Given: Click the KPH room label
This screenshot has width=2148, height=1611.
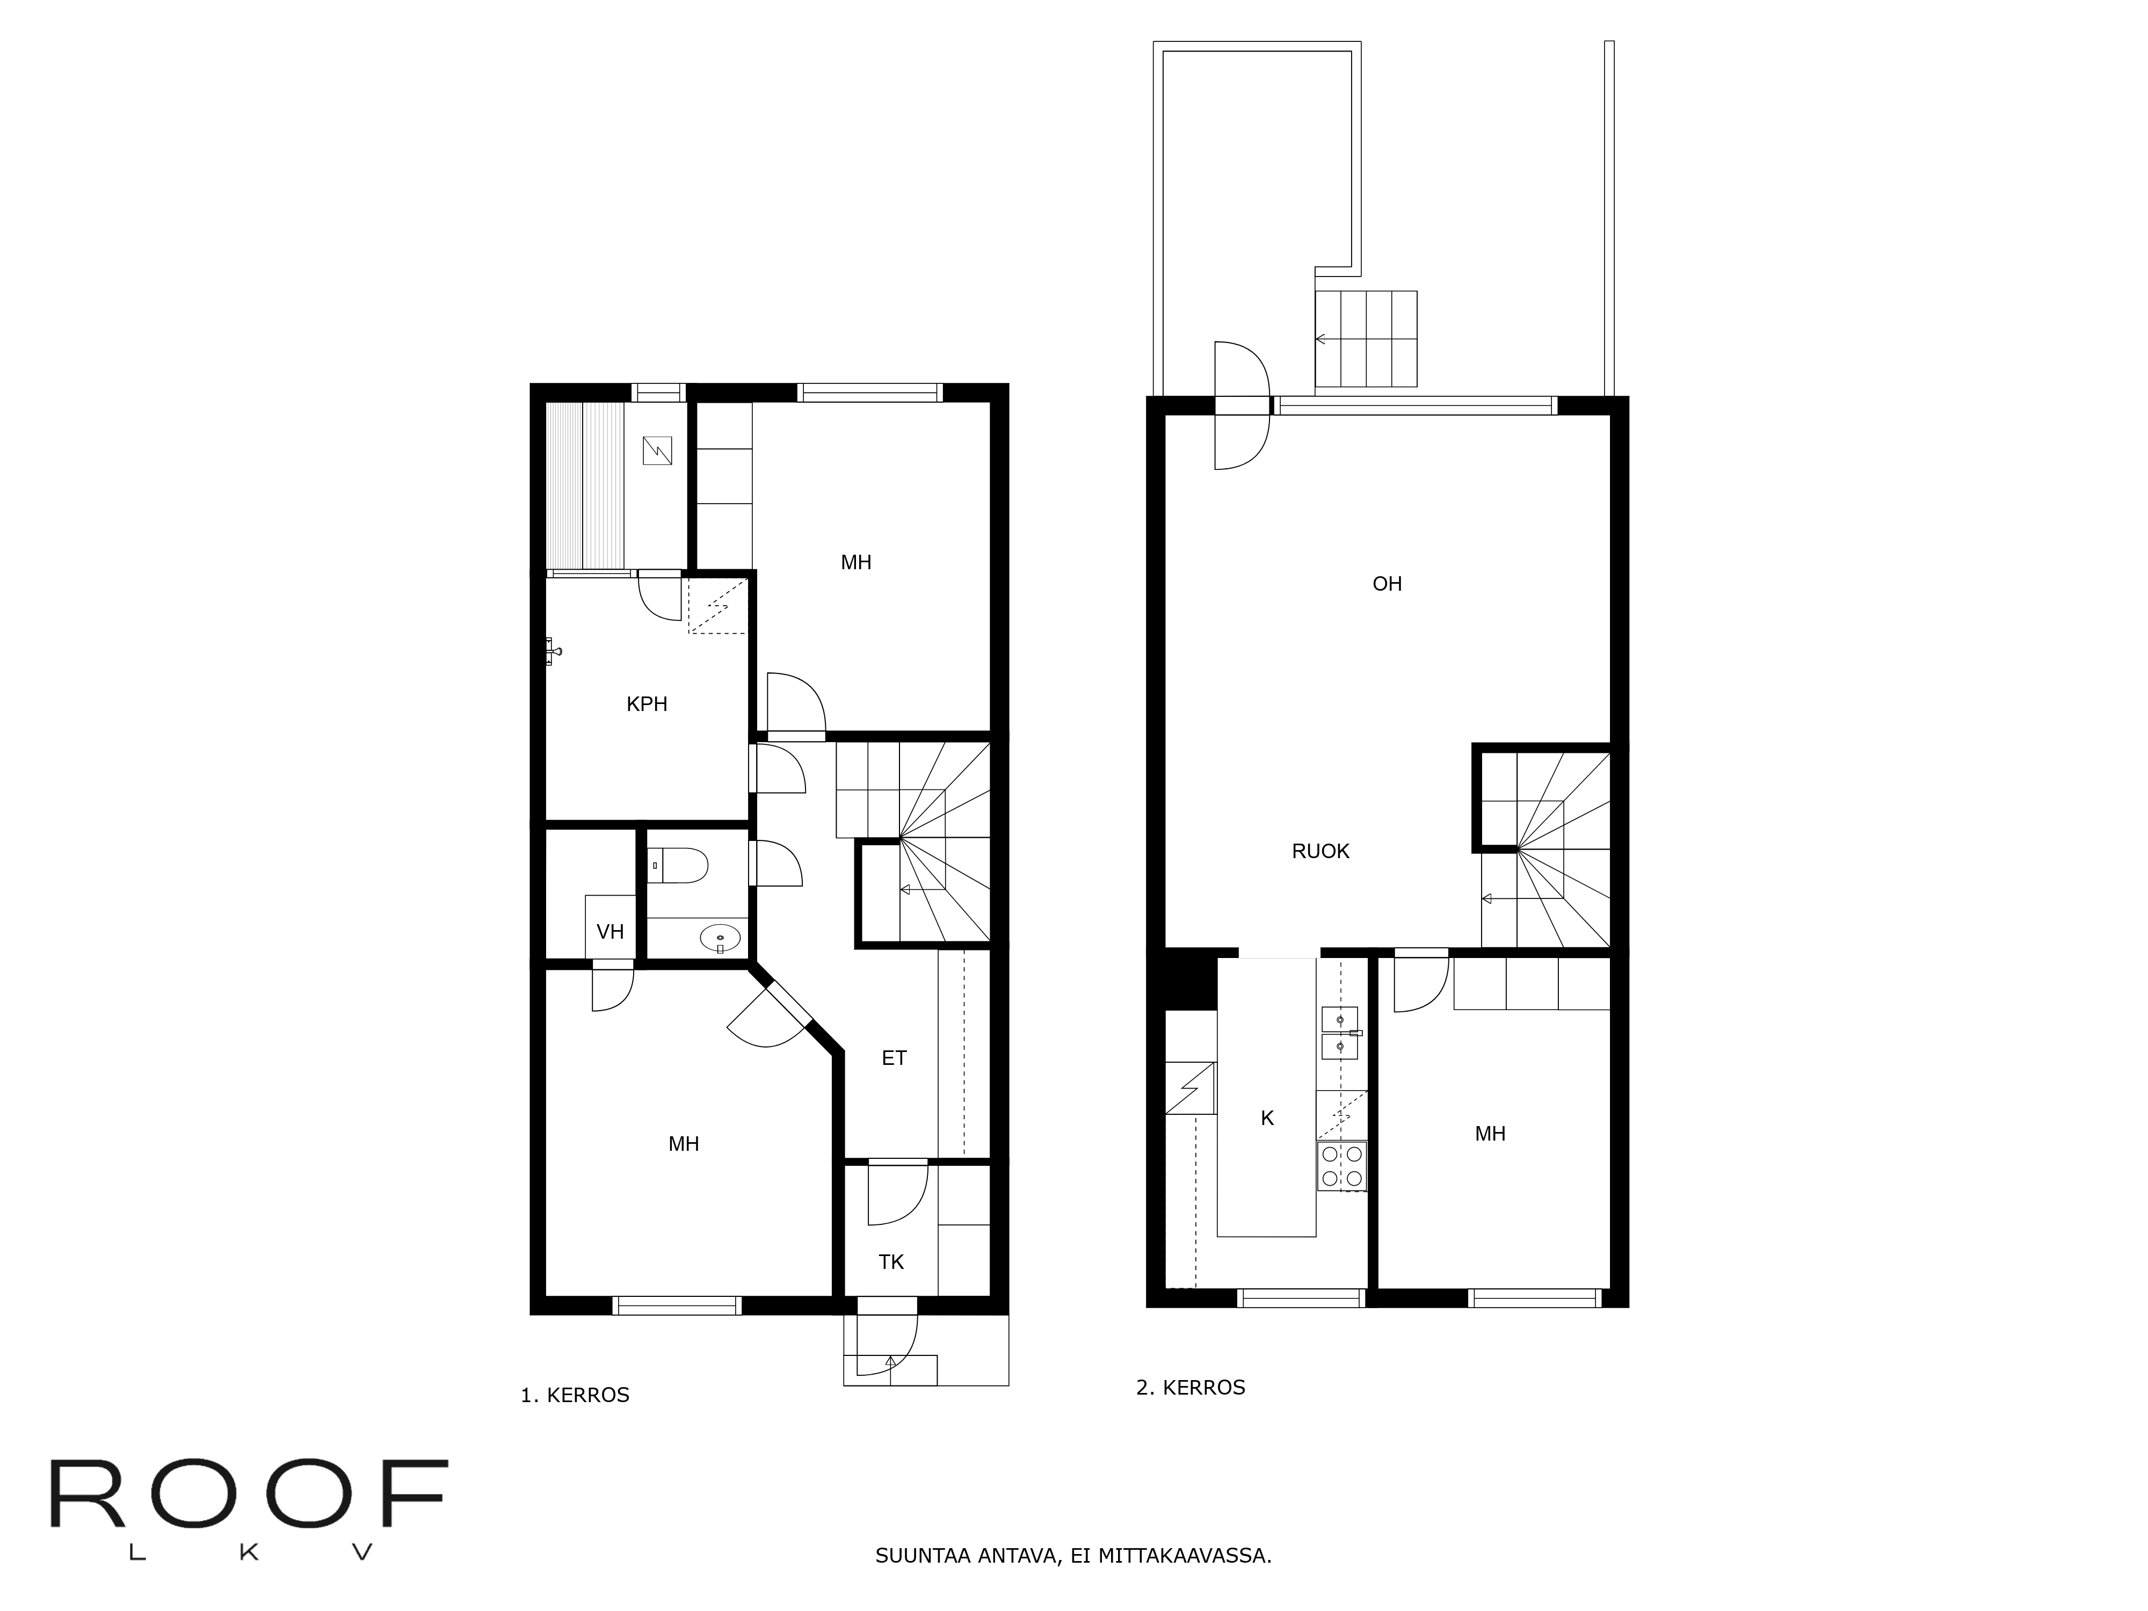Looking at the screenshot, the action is click(647, 704).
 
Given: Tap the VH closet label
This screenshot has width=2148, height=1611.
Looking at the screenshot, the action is click(610, 932).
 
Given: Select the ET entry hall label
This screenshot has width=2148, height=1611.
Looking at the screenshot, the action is click(894, 1058).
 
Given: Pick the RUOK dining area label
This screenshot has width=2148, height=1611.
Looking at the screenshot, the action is click(1320, 852).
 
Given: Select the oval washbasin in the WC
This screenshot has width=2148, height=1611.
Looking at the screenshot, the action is click(720, 938).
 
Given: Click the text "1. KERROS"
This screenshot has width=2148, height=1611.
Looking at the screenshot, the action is click(575, 1396).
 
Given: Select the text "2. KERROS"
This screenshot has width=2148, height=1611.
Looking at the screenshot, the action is click(1191, 1388).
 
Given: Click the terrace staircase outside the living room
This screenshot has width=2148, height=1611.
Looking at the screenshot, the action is click(1365, 340).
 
